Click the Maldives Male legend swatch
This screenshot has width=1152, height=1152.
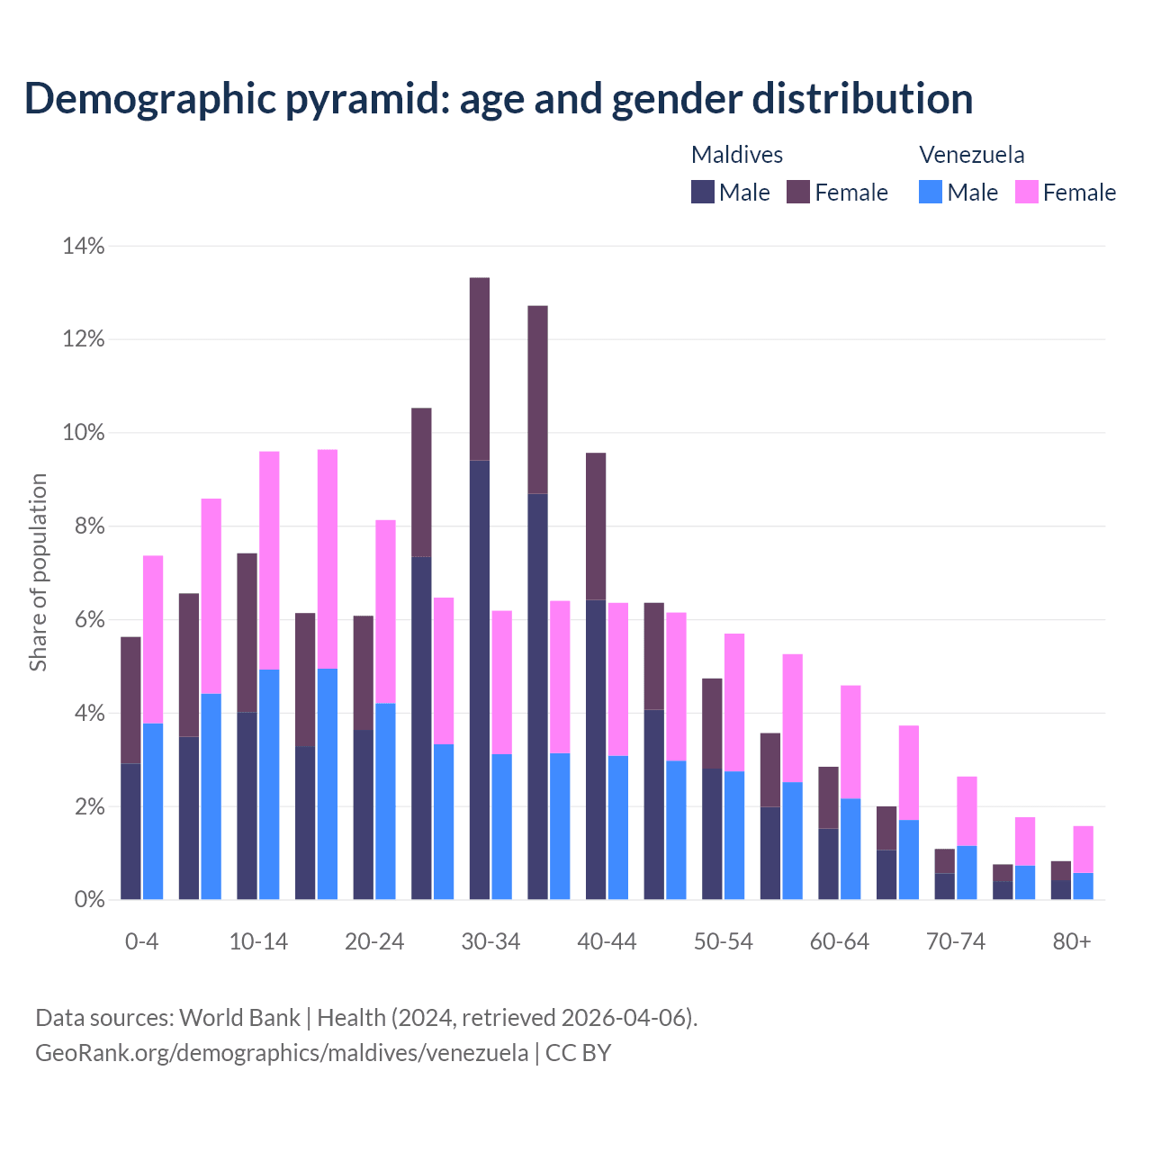click(703, 193)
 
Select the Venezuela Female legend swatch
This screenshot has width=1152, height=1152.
click(1027, 193)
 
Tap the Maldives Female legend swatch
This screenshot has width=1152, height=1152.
click(798, 193)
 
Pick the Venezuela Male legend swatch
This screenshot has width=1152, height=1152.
click(931, 193)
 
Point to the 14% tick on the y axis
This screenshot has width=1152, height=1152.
click(84, 246)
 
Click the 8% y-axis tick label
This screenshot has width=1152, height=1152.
click(84, 526)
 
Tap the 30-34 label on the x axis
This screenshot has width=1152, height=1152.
click(490, 941)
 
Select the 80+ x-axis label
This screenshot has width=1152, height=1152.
click(1072, 941)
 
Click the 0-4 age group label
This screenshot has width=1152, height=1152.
click(141, 941)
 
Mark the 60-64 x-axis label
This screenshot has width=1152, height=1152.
click(840, 941)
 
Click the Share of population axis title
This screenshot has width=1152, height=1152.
click(38, 572)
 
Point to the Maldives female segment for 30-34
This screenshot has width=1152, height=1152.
click(480, 369)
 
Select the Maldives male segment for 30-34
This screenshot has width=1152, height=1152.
click(480, 679)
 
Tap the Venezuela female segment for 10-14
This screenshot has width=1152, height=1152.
click(269, 560)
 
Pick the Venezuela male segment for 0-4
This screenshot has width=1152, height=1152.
click(153, 811)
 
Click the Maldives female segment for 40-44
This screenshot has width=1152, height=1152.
click(596, 526)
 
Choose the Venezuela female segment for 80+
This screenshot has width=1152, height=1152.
click(1084, 849)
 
